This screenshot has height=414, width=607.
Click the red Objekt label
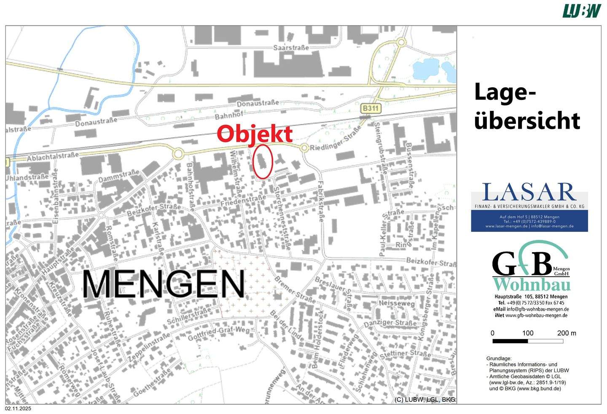(255, 134)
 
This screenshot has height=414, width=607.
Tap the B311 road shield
(371, 108)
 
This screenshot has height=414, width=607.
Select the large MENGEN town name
(163, 285)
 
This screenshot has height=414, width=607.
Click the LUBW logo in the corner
(582, 11)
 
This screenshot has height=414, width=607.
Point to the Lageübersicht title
(527, 106)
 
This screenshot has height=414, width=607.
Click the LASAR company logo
(529, 207)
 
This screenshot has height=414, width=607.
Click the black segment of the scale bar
(510, 341)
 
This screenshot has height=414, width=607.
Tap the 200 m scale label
(567, 333)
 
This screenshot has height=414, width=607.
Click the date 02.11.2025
(18, 409)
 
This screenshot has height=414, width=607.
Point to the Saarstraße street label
(291, 48)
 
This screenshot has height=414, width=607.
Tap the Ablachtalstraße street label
(52, 157)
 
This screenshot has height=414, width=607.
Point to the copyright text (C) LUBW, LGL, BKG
(425, 399)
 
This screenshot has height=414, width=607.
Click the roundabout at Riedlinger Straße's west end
(304, 148)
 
